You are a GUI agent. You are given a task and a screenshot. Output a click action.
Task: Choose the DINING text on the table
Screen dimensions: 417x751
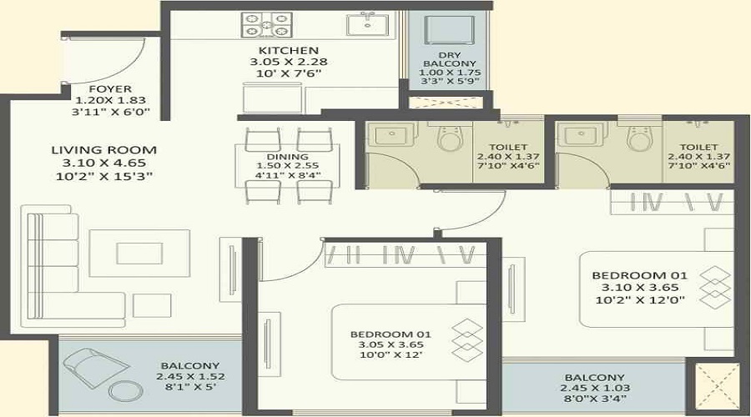[x=289, y=156]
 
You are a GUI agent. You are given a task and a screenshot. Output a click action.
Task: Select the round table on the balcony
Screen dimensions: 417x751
[x=126, y=390]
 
